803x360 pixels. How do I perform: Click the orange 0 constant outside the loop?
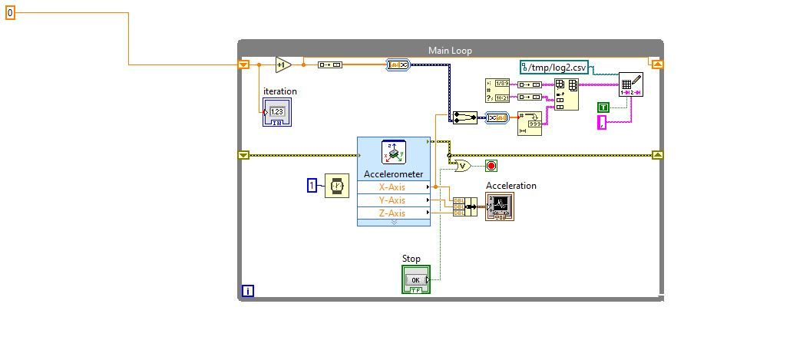click(x=10, y=12)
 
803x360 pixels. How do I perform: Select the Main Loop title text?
click(x=450, y=51)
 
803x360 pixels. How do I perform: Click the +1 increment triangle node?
click(x=283, y=65)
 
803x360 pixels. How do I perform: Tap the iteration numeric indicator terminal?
click(x=276, y=112)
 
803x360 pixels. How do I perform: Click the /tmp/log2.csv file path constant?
click(x=554, y=68)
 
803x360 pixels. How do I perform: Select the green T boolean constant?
click(x=604, y=107)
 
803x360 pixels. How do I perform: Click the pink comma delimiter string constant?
click(x=602, y=121)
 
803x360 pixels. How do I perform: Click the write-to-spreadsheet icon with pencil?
click(x=630, y=85)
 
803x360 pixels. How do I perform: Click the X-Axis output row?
click(x=393, y=187)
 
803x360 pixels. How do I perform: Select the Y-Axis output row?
click(x=393, y=200)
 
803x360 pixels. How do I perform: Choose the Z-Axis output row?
click(x=393, y=213)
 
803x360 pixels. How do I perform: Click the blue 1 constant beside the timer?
click(x=312, y=185)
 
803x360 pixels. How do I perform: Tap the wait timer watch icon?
click(x=336, y=186)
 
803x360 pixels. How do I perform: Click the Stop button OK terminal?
click(x=415, y=279)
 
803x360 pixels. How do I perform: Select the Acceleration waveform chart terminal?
click(x=499, y=206)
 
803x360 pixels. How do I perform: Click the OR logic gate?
click(x=463, y=165)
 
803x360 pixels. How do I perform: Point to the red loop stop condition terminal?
click(x=491, y=165)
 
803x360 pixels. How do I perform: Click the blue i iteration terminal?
click(x=247, y=291)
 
